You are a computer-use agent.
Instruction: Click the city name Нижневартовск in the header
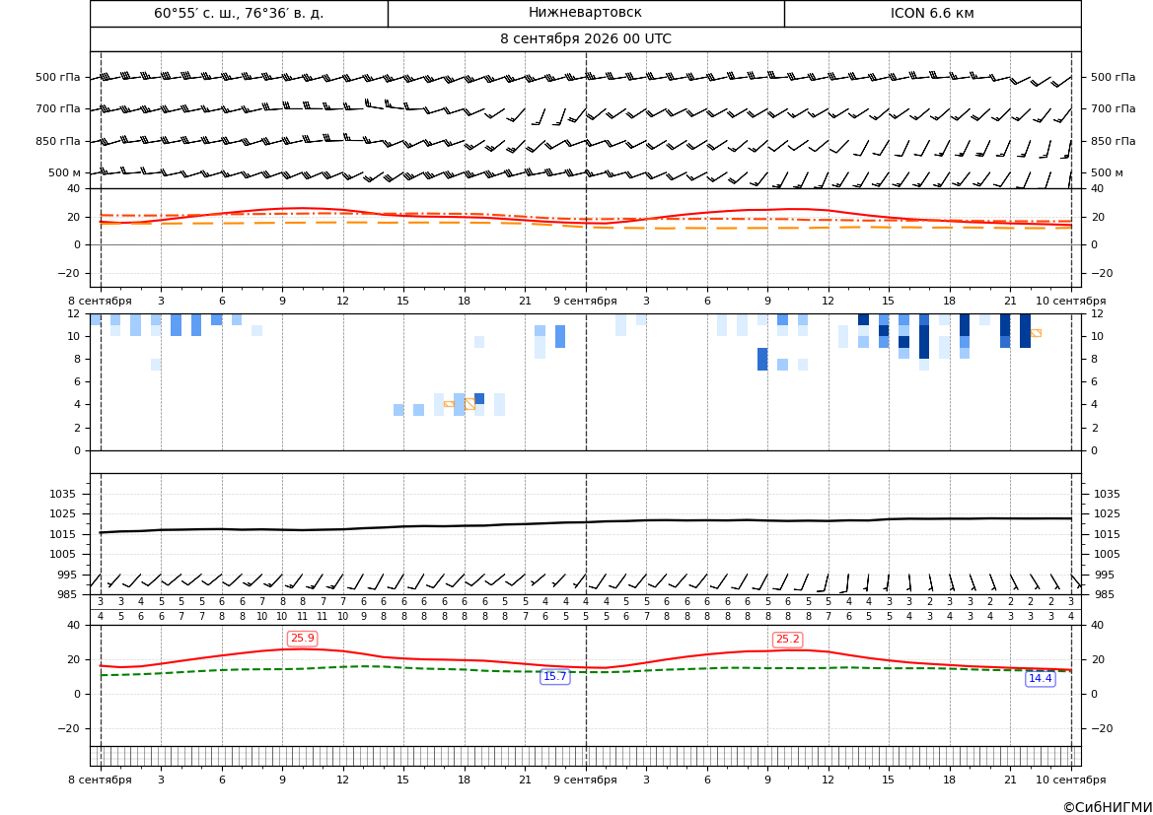pyautogui.click(x=585, y=13)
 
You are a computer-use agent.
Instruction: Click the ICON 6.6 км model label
pyautogui.click(x=932, y=13)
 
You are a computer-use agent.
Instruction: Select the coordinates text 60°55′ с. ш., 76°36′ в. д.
pyautogui.click(x=239, y=13)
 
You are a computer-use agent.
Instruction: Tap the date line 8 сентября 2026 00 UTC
pyautogui.click(x=585, y=39)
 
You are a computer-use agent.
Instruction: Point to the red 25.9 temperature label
pyautogui.click(x=302, y=638)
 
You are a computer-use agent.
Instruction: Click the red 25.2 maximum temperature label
pyautogui.click(x=787, y=640)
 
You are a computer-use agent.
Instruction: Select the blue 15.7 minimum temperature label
pyautogui.click(x=554, y=677)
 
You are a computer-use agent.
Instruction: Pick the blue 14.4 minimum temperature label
pyautogui.click(x=1040, y=678)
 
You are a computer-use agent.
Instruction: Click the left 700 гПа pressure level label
pyautogui.click(x=58, y=108)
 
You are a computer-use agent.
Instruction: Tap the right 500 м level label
pyautogui.click(x=1107, y=172)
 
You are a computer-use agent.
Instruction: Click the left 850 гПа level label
pyautogui.click(x=58, y=141)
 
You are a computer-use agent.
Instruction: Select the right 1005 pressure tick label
pyautogui.click(x=1107, y=554)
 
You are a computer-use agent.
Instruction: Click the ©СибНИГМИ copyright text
pyautogui.click(x=1108, y=807)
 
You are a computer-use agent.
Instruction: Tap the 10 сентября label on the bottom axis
pyautogui.click(x=1071, y=780)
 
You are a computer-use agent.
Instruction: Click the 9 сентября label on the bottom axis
pyautogui.click(x=585, y=780)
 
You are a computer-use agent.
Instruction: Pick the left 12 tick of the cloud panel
pyautogui.click(x=74, y=313)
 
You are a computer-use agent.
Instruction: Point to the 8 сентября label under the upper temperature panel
pyautogui.click(x=100, y=301)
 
